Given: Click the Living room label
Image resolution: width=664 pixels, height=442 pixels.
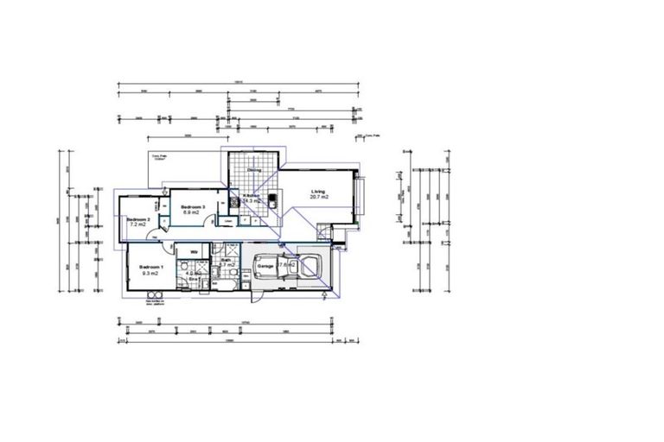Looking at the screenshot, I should coord(318,191).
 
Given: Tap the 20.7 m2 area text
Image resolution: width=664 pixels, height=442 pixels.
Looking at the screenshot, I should coord(318,198).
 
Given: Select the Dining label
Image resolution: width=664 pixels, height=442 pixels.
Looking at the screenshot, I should coord(254,170).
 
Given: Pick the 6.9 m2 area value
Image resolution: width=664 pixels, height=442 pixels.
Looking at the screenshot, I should coord(192,213).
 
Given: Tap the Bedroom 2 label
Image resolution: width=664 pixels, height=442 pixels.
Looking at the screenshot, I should coord(138,219).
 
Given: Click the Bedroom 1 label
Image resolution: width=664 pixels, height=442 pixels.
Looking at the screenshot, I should coord(151,267).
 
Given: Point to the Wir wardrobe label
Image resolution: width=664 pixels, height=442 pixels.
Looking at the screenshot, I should coord(195,252).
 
